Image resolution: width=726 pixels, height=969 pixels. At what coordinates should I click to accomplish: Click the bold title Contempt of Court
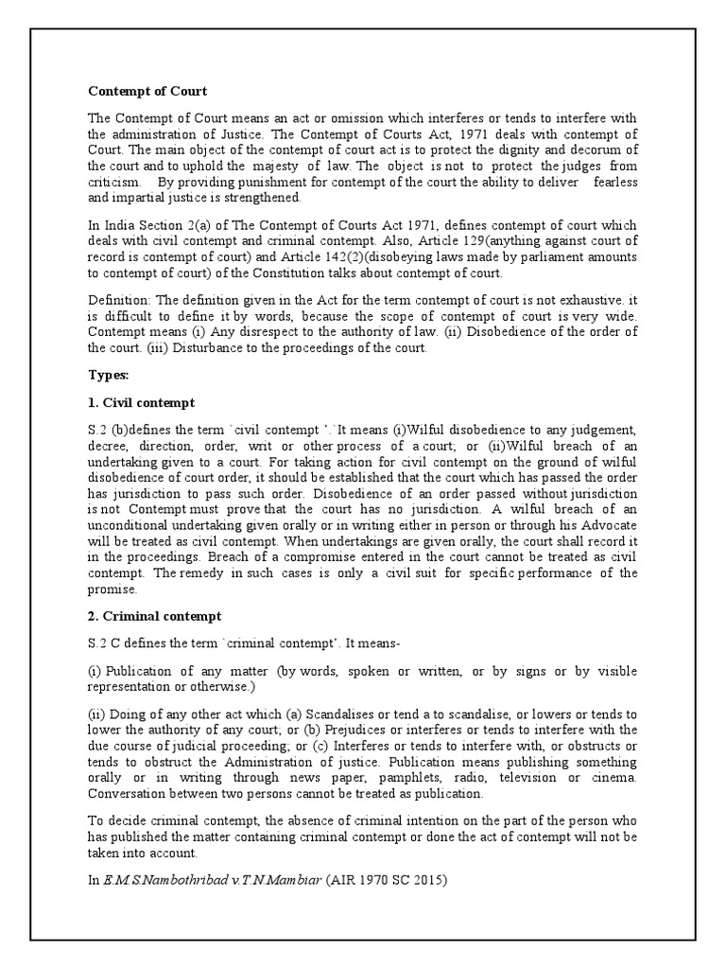(x=147, y=92)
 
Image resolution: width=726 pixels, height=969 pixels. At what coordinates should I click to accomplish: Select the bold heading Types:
(x=108, y=376)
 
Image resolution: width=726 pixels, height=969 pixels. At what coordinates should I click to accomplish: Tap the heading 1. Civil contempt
(x=142, y=402)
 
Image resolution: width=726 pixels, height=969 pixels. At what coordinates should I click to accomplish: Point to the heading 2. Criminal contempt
(x=155, y=617)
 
